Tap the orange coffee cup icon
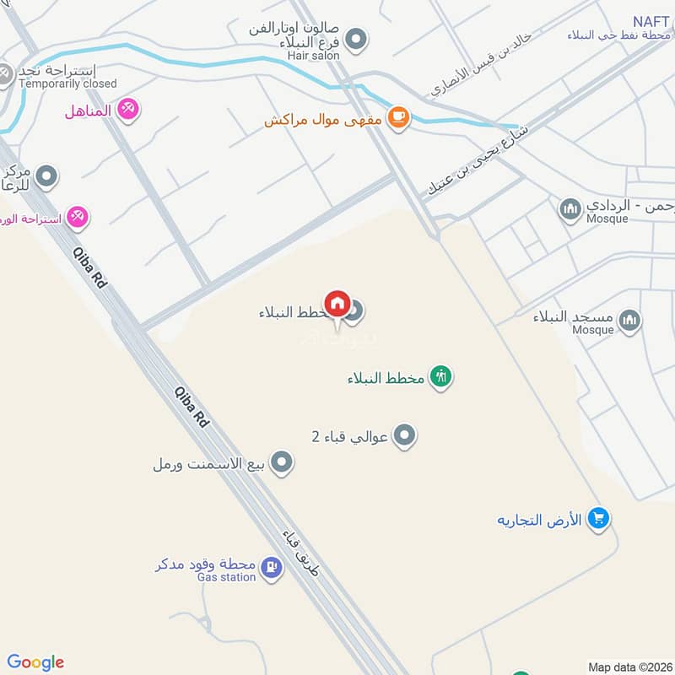399,119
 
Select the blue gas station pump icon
272,567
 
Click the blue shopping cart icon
598,519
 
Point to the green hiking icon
440,377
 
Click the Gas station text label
226,577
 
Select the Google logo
35,662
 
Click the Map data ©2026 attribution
629,667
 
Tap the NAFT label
652,20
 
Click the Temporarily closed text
67,84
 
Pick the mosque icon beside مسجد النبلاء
629,321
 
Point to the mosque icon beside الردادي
570,208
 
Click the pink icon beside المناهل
127,110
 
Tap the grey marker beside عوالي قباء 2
406,436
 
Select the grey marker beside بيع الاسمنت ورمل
283,462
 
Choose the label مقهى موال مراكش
323,120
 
